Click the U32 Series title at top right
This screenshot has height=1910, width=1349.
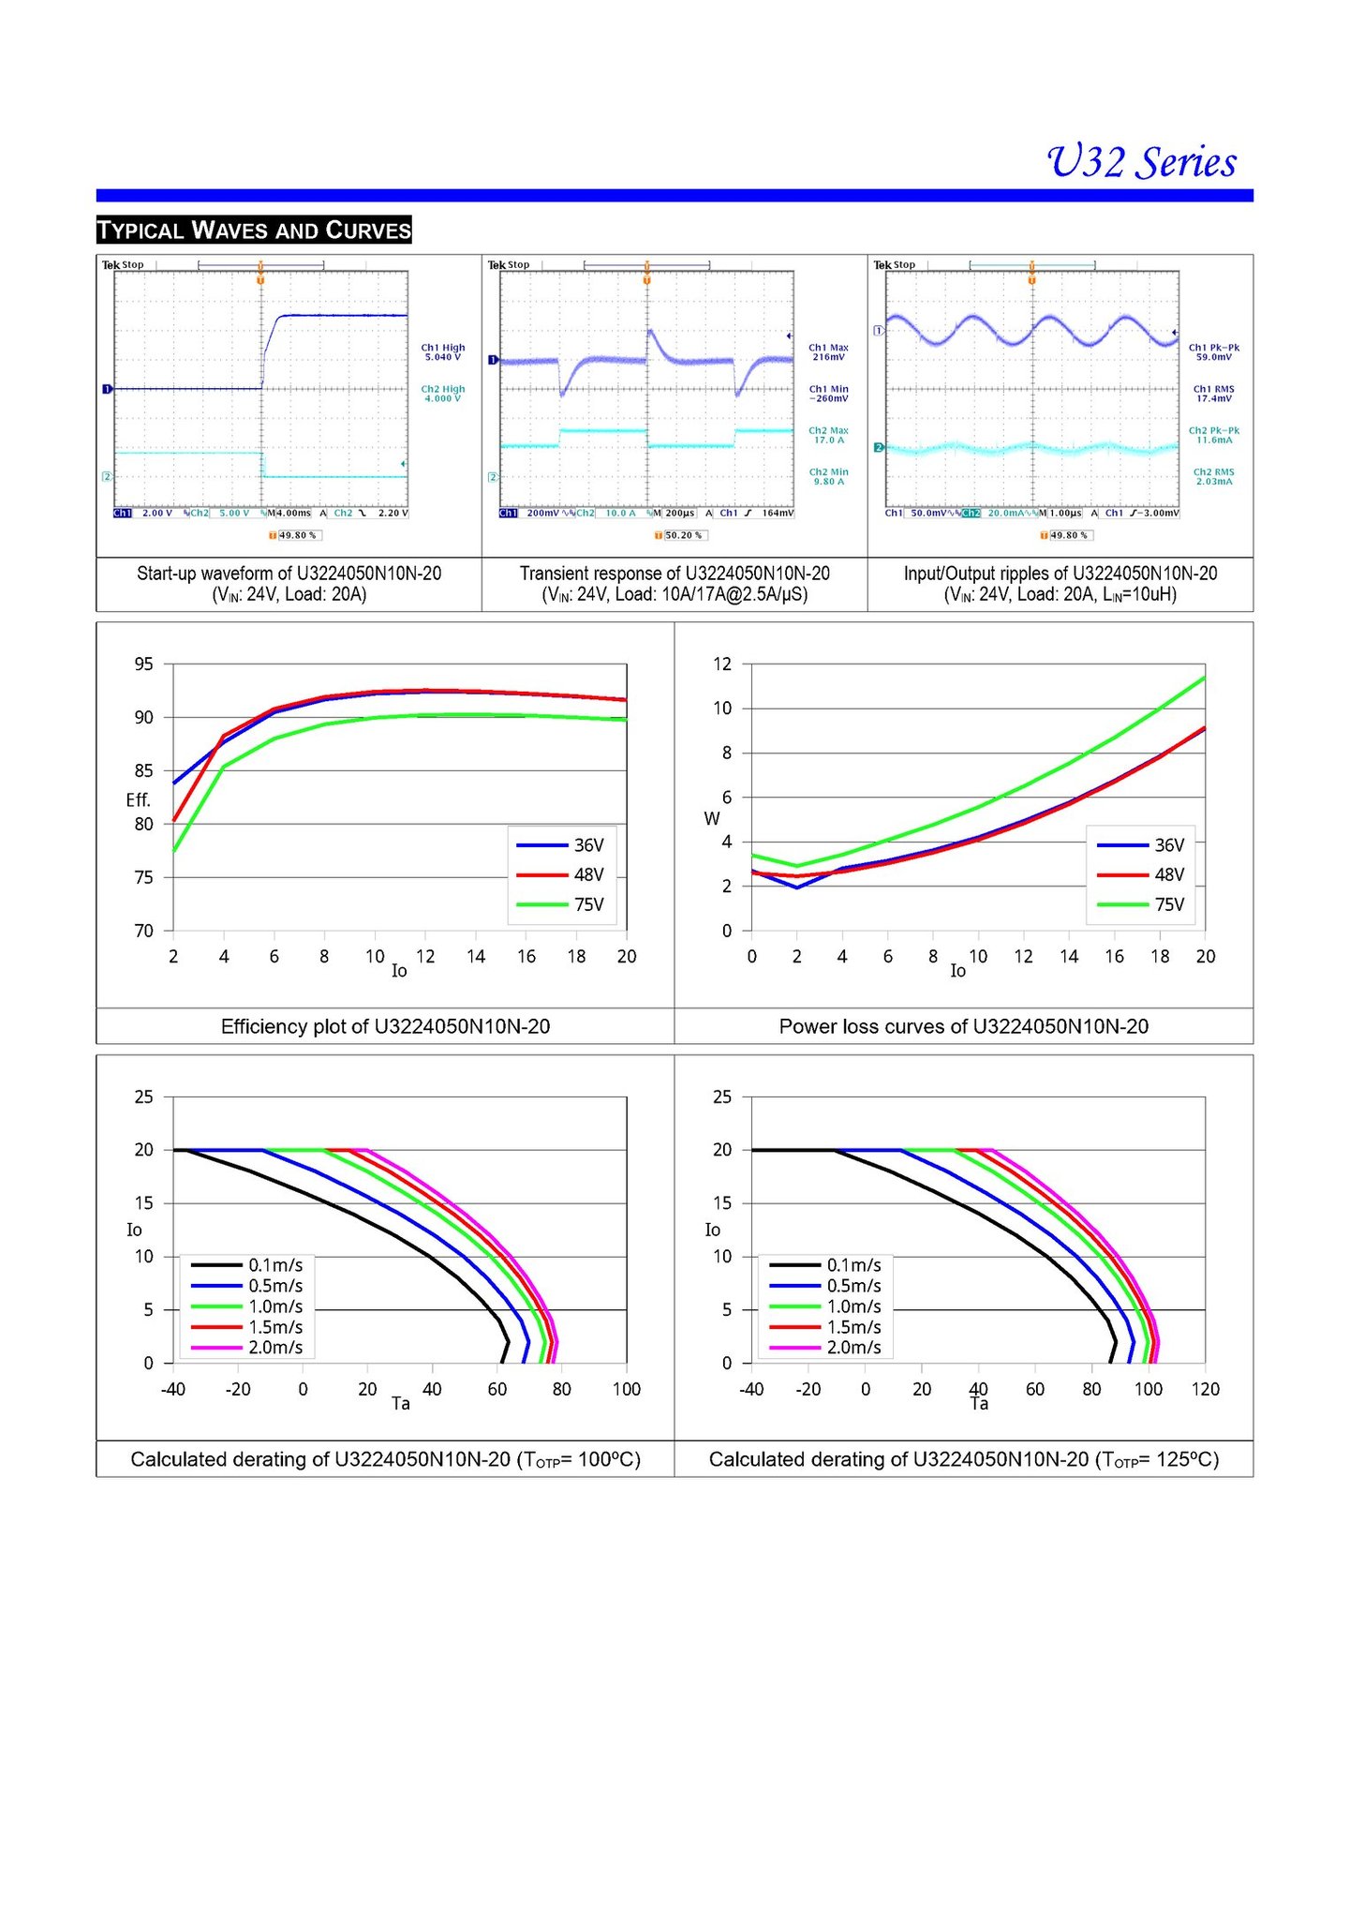coord(1141,162)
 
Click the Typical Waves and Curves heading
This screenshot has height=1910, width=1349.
coord(254,230)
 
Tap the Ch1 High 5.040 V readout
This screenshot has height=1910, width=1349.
coord(443,352)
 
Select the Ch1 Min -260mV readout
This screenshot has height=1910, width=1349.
coord(829,394)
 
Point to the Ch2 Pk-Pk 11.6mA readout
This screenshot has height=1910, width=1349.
coord(1214,435)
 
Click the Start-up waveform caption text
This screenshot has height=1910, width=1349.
coord(289,574)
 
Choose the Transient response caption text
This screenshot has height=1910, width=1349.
coord(674,574)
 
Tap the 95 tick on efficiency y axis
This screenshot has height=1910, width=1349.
coord(143,664)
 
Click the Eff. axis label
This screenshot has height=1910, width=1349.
coord(138,799)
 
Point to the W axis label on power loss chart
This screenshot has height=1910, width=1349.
coord(712,818)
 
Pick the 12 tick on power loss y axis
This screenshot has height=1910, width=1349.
coord(722,664)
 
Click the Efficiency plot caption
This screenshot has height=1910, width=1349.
coord(385,1026)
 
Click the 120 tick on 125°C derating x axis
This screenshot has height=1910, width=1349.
coord(1206,1389)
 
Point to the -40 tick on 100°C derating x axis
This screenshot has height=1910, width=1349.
coord(173,1389)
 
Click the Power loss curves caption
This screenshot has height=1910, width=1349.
coord(963,1026)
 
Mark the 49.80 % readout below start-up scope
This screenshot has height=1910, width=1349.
coord(297,535)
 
